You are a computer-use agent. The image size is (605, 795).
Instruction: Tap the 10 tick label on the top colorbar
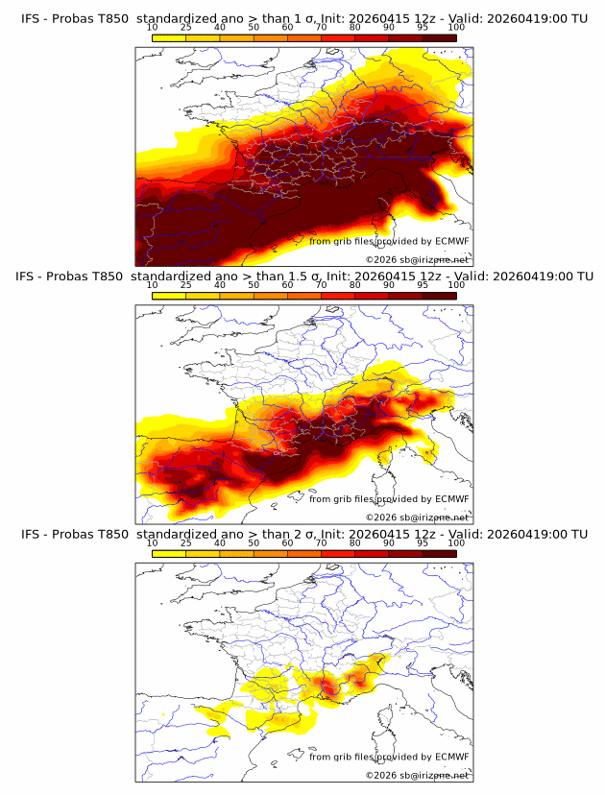click(152, 28)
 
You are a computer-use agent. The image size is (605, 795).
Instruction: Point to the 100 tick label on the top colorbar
click(456, 28)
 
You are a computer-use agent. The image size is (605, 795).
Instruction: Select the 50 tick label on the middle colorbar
click(254, 285)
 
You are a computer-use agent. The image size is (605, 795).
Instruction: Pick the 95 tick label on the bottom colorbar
click(423, 542)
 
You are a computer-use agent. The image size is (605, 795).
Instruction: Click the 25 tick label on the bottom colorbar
click(185, 542)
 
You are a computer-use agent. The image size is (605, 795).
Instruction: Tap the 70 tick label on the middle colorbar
click(321, 285)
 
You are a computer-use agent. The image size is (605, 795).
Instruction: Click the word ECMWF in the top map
click(451, 242)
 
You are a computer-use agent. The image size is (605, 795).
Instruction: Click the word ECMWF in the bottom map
click(451, 757)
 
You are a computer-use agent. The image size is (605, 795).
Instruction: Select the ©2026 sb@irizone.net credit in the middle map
click(417, 517)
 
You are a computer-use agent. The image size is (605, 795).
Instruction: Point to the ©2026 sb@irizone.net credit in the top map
click(417, 259)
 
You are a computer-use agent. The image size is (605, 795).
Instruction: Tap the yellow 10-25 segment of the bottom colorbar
click(169, 552)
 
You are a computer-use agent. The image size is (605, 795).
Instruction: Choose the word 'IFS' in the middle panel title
click(33, 277)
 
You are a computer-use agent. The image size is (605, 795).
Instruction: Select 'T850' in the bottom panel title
click(111, 534)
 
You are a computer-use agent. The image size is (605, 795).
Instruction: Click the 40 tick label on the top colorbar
click(219, 28)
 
